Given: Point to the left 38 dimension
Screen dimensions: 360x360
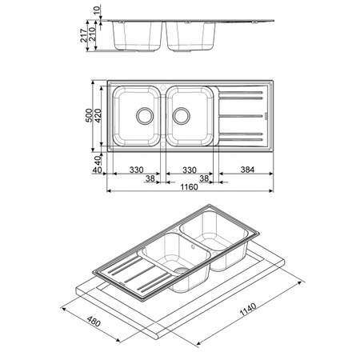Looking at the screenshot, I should point(150,179).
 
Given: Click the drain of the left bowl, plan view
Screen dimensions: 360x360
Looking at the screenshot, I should point(144,116).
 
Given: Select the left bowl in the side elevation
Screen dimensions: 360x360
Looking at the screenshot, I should point(138,36).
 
